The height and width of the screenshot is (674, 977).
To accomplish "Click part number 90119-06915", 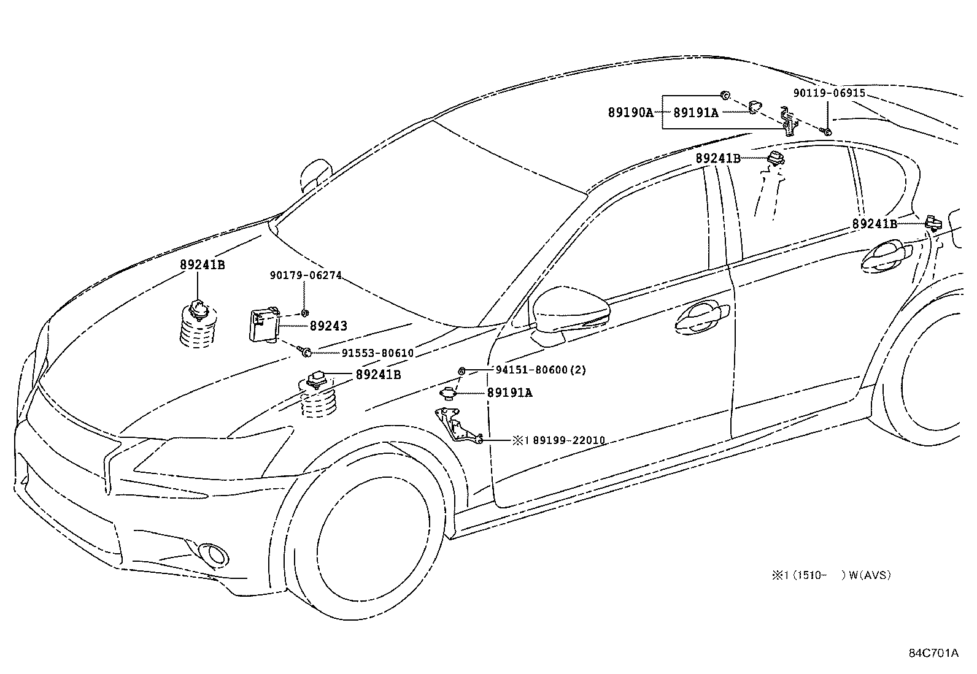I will [x=828, y=93].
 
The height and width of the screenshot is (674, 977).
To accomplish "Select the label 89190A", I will [x=630, y=113].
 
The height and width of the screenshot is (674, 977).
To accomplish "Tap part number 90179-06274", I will [x=305, y=276].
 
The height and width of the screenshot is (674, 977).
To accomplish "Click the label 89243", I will [x=328, y=326].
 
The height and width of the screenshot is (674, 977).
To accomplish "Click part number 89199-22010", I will [x=568, y=440].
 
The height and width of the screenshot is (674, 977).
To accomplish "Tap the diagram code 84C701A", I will [x=933, y=653].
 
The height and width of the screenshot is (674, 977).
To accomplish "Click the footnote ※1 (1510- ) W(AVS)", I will [x=831, y=575].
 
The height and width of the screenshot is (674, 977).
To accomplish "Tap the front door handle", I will [x=701, y=317].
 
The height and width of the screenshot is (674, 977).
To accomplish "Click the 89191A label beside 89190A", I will [x=695, y=113].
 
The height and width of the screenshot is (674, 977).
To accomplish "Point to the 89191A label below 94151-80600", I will [x=509, y=393].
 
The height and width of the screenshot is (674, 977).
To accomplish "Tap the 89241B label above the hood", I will [x=202, y=266].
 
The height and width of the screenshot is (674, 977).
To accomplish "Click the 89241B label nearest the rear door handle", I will [x=874, y=224].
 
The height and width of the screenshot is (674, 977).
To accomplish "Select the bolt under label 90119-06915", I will [x=827, y=131].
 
